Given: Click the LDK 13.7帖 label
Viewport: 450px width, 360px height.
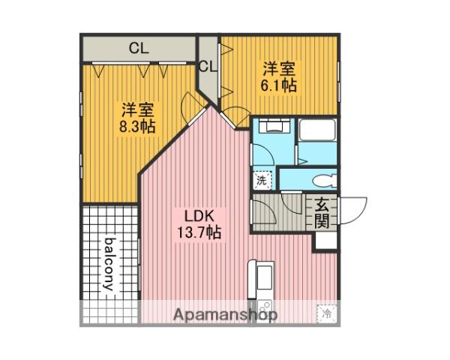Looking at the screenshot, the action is [199, 224].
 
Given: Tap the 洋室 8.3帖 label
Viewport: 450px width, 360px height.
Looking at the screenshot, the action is [137, 118].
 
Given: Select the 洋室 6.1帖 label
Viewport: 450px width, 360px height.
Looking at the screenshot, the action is [278, 76].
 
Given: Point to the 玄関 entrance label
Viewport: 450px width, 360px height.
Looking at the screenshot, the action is [322, 213].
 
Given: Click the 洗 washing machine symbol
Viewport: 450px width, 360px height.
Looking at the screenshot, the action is [262, 180].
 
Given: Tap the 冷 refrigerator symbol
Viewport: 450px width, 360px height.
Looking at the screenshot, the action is [327, 313].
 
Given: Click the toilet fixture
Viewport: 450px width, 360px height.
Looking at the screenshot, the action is [325, 181].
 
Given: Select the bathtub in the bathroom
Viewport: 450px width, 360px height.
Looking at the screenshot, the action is [317, 130].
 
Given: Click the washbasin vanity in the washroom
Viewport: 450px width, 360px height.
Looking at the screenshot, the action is [274, 125].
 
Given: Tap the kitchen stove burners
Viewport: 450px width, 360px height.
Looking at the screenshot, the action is [264, 310].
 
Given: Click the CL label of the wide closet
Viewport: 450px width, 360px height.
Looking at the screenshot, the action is [139, 48].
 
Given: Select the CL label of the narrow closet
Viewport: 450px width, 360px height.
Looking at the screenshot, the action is [207, 67].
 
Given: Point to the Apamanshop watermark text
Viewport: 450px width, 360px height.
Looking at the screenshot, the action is [226, 315].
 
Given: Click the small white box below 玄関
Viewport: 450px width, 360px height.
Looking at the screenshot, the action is [326, 241].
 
